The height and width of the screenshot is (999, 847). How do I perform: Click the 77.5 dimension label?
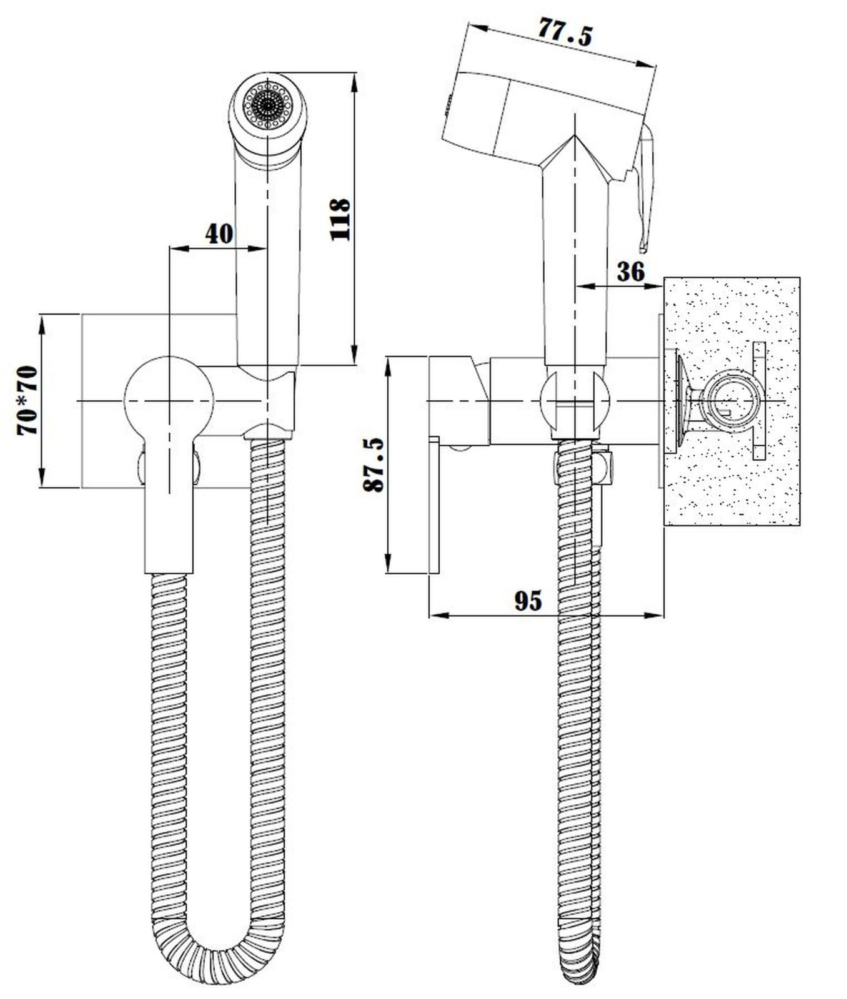point(565,32)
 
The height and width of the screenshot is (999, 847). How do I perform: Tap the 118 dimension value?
point(340,219)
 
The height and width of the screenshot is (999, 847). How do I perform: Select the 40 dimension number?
point(219,234)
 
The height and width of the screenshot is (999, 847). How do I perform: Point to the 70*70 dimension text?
point(27,400)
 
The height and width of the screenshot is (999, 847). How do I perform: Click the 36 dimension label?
point(630,272)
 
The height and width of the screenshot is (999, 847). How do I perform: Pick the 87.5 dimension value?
point(374,465)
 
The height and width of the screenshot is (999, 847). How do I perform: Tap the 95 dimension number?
point(528,601)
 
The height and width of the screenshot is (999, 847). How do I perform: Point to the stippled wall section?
point(732,401)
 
